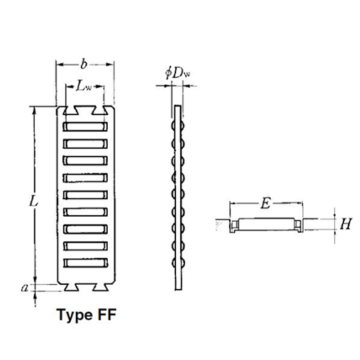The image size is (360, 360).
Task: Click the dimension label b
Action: (x=84, y=64)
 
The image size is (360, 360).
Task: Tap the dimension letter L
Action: (x=33, y=201)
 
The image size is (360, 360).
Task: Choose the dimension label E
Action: (x=265, y=204)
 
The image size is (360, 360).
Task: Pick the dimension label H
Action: (x=345, y=224)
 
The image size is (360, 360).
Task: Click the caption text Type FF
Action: (x=87, y=314)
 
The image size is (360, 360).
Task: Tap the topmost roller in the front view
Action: (x=85, y=127)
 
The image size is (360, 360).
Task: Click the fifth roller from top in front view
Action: (x=85, y=195)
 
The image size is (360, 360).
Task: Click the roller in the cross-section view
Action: (x=266, y=224)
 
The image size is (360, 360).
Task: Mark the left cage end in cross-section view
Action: (x=234, y=225)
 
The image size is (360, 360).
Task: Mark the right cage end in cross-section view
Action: (x=298, y=225)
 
